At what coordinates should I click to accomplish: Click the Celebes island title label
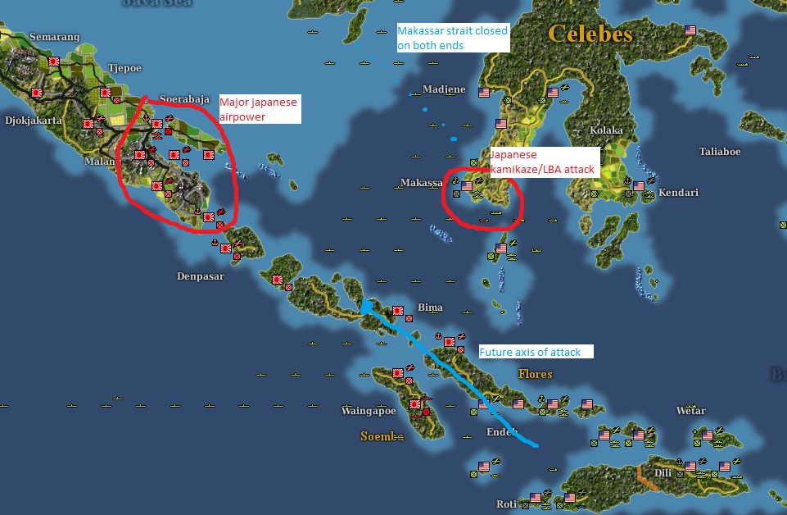tap(590, 34)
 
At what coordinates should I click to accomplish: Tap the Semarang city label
tap(55, 37)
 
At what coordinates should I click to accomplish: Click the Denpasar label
tap(200, 276)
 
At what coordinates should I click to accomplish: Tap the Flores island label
tap(535, 374)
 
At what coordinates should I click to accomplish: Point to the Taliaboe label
tap(720, 152)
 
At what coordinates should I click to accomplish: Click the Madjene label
tap(444, 89)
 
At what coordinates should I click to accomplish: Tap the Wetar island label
tap(690, 411)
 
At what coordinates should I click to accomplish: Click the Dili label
tap(663, 472)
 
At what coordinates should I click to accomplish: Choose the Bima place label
tap(430, 308)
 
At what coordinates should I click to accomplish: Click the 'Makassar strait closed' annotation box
tap(453, 39)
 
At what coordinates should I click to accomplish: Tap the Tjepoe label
tap(126, 69)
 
